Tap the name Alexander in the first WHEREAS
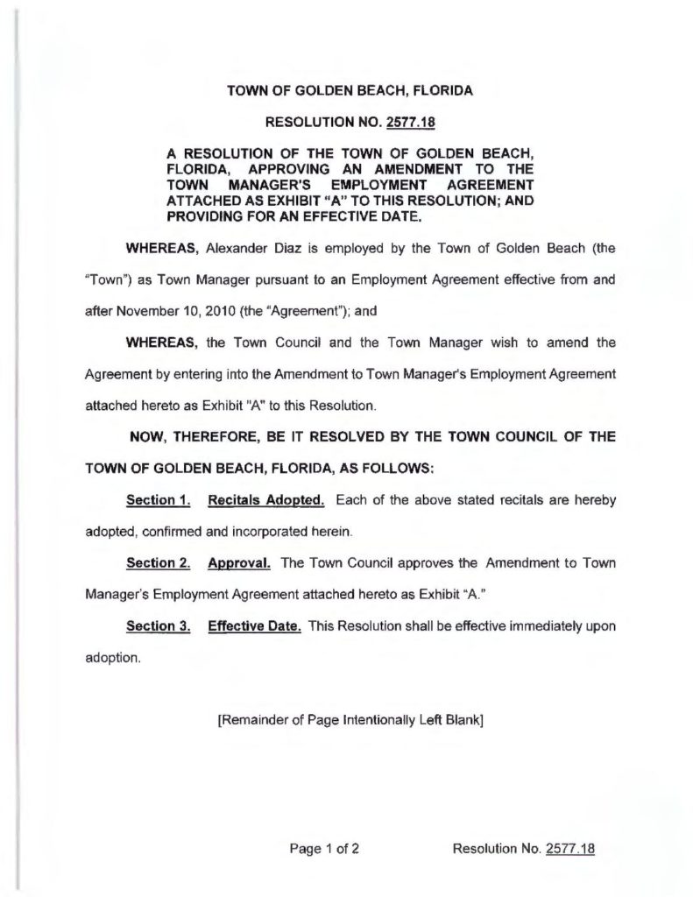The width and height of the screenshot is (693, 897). [241, 249]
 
